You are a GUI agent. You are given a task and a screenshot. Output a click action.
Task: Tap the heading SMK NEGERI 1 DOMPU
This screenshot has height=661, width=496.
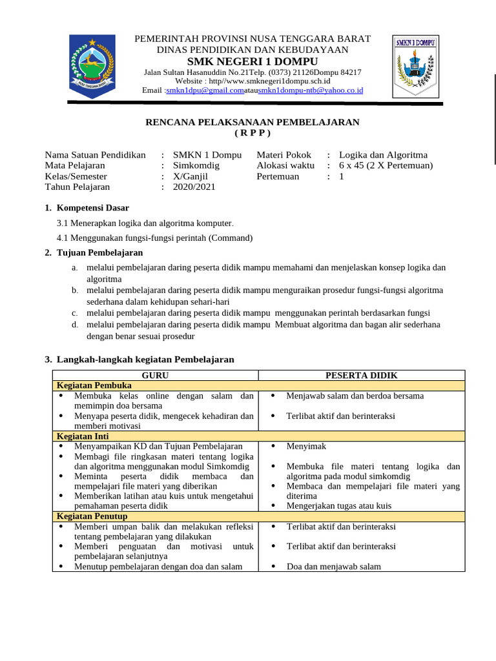[253, 61]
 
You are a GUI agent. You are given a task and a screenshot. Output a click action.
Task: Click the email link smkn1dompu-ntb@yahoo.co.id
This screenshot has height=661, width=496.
[310, 91]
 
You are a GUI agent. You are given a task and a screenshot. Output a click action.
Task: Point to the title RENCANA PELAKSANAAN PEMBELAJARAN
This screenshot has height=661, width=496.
[253, 122]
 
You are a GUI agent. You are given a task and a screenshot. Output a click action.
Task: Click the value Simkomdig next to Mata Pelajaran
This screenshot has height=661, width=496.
[196, 165]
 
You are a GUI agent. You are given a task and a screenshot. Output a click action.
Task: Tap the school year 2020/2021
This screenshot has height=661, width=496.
[194, 187]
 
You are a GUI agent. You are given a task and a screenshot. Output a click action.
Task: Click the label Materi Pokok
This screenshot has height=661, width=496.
[284, 155]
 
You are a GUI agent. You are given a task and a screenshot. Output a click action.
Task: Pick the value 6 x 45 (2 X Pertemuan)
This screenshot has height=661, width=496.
[386, 165]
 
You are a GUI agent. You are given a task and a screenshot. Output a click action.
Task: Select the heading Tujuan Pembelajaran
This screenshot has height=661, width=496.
[99, 252]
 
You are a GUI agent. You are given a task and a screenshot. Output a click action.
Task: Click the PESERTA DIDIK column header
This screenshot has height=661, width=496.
[361, 376]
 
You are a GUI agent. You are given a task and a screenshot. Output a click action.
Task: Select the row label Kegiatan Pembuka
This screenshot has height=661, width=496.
[94, 385]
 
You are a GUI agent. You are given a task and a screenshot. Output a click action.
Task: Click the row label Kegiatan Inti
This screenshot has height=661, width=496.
[83, 436]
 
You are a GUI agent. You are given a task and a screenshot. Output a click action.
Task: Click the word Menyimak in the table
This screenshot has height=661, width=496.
[306, 446]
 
